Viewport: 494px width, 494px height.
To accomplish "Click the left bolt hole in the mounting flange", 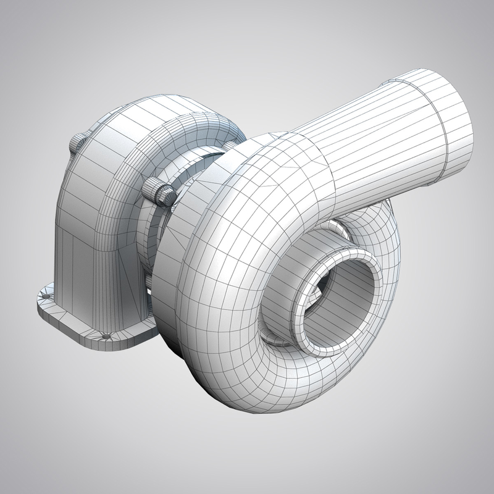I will pos(45,296).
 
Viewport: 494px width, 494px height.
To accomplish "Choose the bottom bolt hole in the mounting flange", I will pos(106,336).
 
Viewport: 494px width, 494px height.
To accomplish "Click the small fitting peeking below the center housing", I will pos(149,282).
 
